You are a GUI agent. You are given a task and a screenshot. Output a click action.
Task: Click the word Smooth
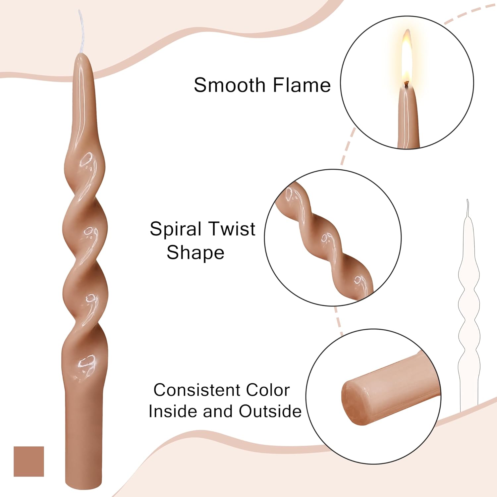click(230, 85)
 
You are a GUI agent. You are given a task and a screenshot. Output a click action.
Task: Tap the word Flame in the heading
click(302, 85)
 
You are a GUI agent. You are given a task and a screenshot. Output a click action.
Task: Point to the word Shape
click(195, 253)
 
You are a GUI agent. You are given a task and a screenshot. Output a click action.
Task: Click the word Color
click(268, 390)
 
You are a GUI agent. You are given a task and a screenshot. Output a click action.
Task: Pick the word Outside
click(270, 412)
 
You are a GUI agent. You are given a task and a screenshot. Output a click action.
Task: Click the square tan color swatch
click(29, 461)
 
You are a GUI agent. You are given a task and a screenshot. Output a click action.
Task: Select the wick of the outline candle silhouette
click(468, 207)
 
